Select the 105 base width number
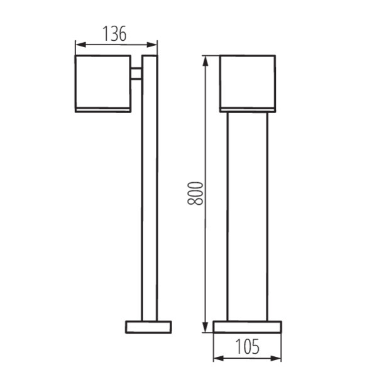248,346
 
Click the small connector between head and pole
136,74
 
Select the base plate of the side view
148,327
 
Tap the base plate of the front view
247,327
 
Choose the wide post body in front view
247,217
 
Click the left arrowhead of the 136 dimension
79,44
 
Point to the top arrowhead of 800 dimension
205,60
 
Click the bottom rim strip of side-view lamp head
103,111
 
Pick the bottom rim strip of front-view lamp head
247,111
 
